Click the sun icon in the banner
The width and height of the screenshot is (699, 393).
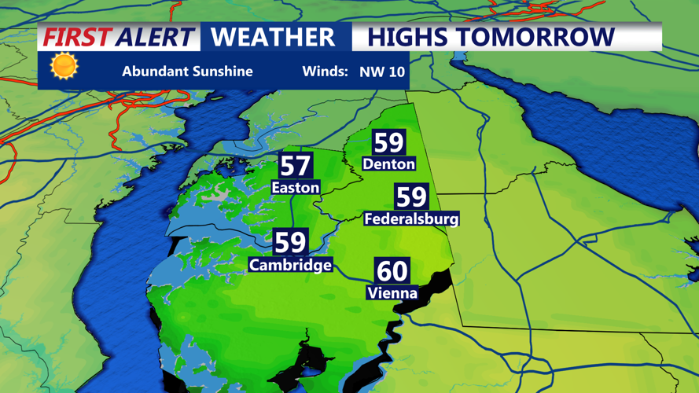tap(64, 67)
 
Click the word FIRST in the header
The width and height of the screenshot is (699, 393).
tap(76, 37)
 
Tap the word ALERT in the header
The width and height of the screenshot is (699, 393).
tap(154, 37)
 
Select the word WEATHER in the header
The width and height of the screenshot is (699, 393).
tap(273, 37)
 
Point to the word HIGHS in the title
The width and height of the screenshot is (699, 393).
tap(408, 37)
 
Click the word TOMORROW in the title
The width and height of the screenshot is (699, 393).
tap(535, 37)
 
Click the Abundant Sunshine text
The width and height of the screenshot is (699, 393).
tap(187, 72)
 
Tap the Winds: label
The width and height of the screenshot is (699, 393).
tap(325, 72)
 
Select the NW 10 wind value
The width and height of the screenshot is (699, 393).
tap(382, 72)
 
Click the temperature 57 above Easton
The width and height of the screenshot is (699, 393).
tap(295, 166)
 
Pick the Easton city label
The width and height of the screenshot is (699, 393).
tap(295, 187)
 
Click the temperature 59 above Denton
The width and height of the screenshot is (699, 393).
tap(388, 142)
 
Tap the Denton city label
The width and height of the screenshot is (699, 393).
tap(388, 163)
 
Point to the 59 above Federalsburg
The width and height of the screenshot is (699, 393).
tap(411, 196)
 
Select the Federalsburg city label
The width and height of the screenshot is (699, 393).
tap(411, 219)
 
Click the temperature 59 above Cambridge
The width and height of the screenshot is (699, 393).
tap(290, 242)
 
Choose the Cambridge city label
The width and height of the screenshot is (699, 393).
tap(290, 265)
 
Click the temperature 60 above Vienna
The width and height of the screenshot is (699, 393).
tap(392, 271)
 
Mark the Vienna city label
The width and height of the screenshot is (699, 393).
tap(392, 293)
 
